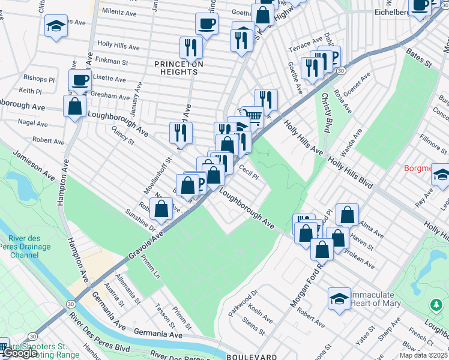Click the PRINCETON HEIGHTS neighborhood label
pyautogui.click(x=178, y=68)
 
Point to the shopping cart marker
pyautogui.click(x=253, y=116)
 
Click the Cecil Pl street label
pyautogui.click(x=249, y=173)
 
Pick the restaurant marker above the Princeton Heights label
pyautogui.click(x=191, y=47)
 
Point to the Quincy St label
pyautogui.click(x=123, y=135)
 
